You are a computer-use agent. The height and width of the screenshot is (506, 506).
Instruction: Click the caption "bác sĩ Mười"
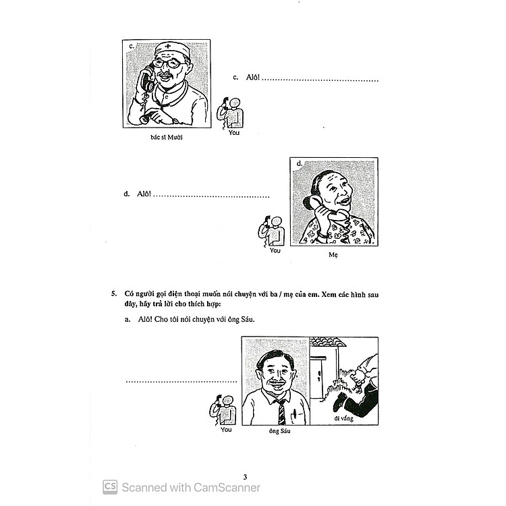point(167,138)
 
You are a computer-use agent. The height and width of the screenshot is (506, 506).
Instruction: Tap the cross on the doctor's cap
point(167,46)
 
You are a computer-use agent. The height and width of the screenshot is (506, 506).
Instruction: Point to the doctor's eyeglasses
point(167,63)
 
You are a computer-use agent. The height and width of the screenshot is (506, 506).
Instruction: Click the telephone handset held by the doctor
point(146,80)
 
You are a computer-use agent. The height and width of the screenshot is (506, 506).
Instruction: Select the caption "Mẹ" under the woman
point(333,255)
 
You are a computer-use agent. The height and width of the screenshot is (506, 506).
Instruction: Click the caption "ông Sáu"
point(279,431)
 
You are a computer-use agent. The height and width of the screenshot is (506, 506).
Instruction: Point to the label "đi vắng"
point(343,418)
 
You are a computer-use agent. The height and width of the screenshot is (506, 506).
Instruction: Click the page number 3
point(246,476)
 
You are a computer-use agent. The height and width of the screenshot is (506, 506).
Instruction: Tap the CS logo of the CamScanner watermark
point(110,486)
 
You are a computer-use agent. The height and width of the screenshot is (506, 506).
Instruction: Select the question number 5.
point(114,293)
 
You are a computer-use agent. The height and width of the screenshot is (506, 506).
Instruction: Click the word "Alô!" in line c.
point(253,77)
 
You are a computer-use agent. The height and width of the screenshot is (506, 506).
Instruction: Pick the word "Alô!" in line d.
point(144,194)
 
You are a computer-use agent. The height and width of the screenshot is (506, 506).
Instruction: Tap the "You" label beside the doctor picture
point(234,133)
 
